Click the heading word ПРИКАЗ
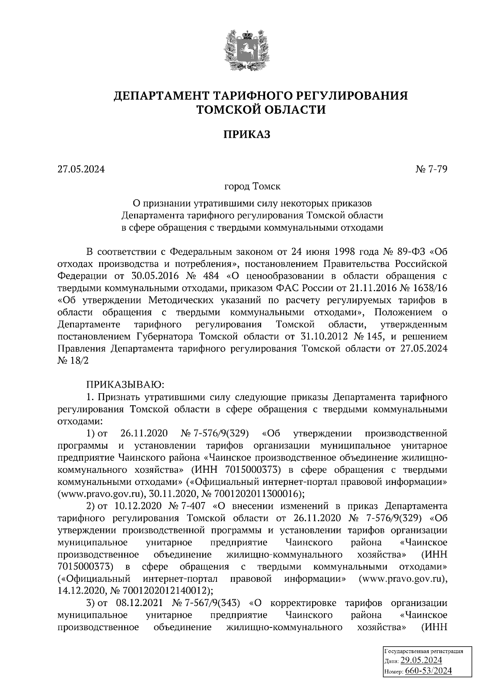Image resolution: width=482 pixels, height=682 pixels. pos(247,135)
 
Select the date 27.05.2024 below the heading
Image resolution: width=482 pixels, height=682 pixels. pos(81,169)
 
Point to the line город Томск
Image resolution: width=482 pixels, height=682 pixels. pos(252,187)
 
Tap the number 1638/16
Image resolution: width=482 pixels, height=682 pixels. pos(429,288)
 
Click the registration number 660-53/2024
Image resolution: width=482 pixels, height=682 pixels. pos(429,671)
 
